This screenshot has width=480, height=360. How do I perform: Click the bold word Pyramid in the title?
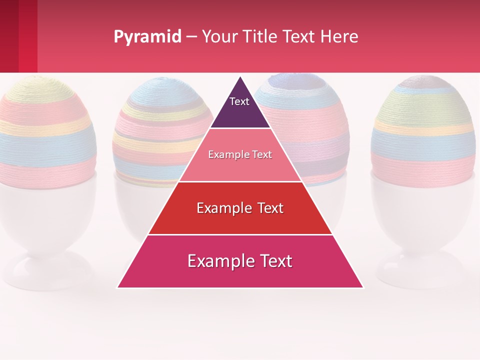(x=147, y=37)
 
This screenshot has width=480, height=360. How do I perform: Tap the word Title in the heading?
(x=261, y=37)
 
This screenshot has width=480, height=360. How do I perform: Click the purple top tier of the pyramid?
(x=240, y=112)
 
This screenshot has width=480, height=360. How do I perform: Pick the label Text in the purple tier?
(x=239, y=101)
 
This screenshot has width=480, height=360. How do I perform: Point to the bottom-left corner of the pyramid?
(x=118, y=287)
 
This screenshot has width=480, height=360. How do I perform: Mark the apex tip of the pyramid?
(x=240, y=77)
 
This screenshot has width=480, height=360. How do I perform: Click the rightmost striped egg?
(x=424, y=130)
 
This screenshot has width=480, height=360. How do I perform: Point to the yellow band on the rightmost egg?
(x=424, y=129)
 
